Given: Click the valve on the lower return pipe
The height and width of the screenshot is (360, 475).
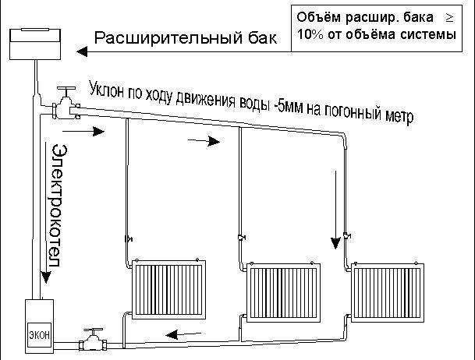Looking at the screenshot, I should coord(94,340).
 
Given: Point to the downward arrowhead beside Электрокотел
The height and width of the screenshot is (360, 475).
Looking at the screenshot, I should coord(41,287).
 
